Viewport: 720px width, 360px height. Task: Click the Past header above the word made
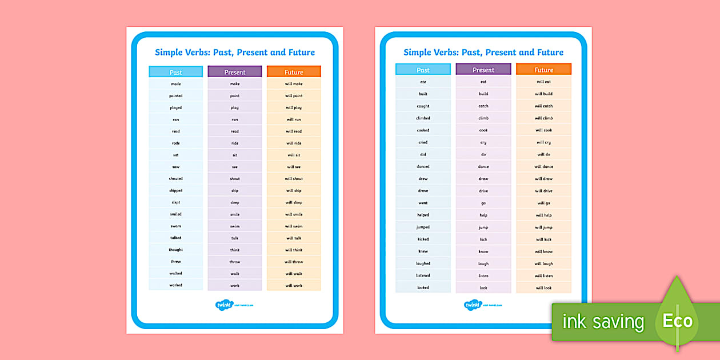(x=175, y=72)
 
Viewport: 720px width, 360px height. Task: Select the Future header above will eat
(x=543, y=70)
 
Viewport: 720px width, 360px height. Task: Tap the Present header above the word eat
(x=483, y=70)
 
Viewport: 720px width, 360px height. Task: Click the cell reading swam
(x=175, y=226)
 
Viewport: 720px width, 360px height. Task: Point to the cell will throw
(x=294, y=262)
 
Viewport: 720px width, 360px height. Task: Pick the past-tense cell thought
(x=175, y=250)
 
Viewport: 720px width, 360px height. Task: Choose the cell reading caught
(x=423, y=106)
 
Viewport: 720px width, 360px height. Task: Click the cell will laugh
(x=543, y=264)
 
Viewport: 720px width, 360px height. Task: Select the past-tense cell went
(x=423, y=203)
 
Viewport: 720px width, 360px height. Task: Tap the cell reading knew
(x=423, y=251)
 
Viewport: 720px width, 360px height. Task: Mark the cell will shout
(x=294, y=179)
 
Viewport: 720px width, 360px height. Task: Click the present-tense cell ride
(x=235, y=143)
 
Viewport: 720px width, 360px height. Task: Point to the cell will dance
(x=543, y=167)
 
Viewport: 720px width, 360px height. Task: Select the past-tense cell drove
(x=423, y=191)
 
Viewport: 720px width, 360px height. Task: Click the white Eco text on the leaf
(x=677, y=321)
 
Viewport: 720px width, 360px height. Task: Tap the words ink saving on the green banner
(x=603, y=322)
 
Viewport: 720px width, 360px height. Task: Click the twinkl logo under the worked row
(x=223, y=305)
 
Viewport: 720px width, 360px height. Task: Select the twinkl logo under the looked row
(x=473, y=305)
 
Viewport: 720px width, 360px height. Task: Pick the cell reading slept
(x=175, y=202)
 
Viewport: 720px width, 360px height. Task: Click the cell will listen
(x=543, y=276)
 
